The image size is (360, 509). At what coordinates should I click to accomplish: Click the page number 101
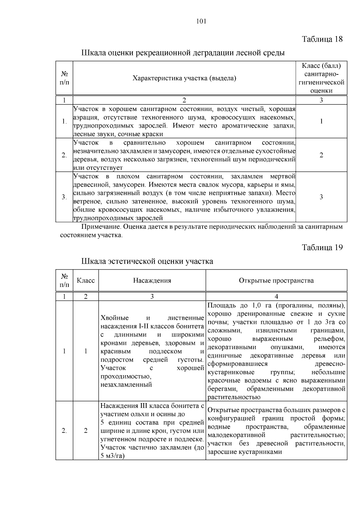[201, 21]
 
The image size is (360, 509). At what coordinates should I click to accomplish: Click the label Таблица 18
[322, 39]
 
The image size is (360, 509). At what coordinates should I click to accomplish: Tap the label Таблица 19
[322, 247]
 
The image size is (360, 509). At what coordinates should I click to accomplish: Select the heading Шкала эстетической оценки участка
[147, 261]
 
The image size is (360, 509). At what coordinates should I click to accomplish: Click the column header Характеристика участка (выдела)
[184, 78]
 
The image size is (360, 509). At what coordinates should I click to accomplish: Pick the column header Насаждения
[152, 280]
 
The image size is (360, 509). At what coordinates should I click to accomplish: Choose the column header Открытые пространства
[276, 280]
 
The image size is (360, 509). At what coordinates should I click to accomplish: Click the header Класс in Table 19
[86, 280]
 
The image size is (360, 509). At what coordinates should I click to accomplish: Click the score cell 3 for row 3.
[321, 197]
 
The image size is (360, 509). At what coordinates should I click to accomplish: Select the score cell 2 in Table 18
[321, 155]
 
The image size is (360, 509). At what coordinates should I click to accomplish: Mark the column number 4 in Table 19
[276, 296]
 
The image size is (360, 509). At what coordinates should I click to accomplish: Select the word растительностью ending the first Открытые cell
[234, 397]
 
